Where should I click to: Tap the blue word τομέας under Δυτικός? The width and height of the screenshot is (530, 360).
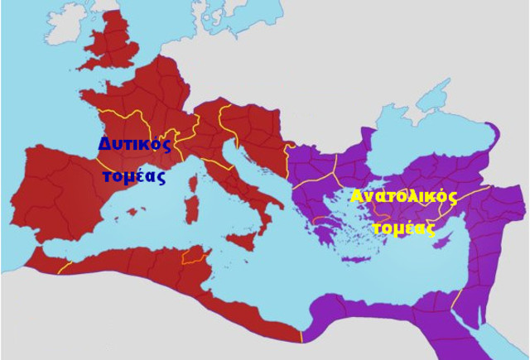[x=133, y=176]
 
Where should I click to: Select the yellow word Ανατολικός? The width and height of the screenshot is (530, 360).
[x=403, y=198]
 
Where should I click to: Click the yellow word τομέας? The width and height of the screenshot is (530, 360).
[x=403, y=228]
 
